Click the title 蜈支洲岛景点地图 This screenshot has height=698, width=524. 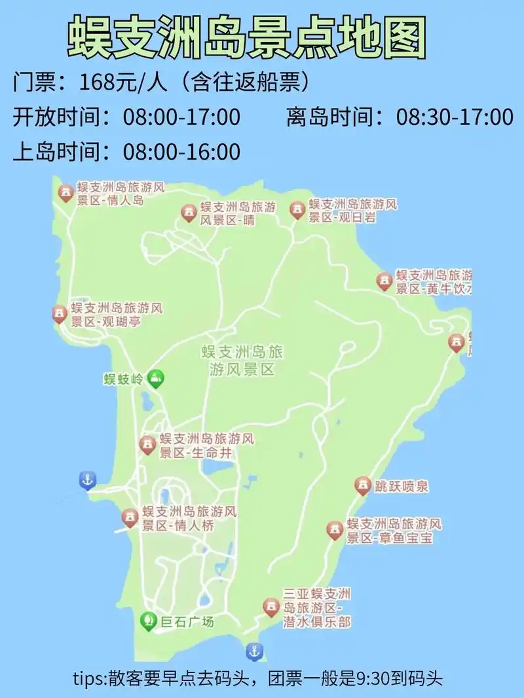click(x=248, y=38)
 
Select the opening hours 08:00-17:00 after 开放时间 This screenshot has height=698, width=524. click(x=181, y=117)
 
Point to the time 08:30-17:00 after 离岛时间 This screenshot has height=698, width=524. click(x=455, y=117)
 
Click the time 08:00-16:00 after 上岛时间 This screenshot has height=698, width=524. click(x=181, y=152)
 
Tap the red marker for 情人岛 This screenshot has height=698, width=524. click(x=66, y=193)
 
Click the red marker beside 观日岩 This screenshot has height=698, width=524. click(x=297, y=209)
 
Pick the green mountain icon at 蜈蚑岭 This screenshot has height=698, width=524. click(x=156, y=377)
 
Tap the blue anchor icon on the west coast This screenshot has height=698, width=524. click(x=86, y=480)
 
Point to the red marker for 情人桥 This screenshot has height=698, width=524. click(x=130, y=518)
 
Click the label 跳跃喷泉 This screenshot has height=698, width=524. click(x=402, y=487)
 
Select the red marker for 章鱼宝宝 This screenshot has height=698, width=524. click(x=335, y=530)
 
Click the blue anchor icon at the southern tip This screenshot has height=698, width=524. click(x=254, y=652)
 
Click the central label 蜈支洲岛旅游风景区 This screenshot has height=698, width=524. click(x=242, y=360)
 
